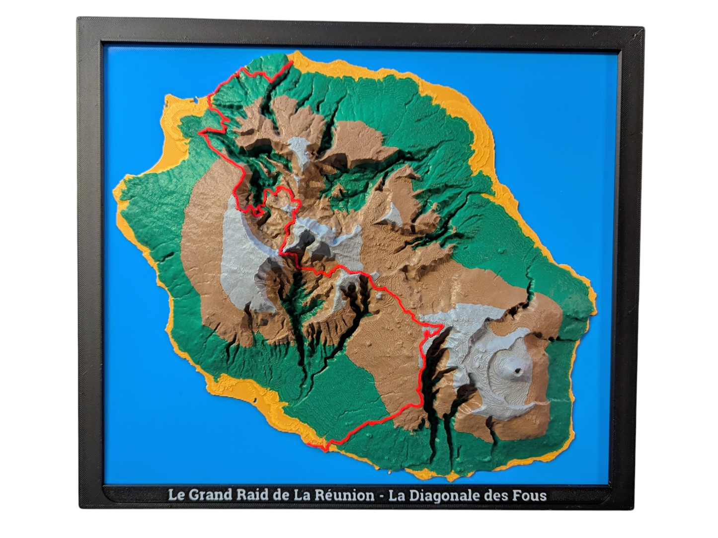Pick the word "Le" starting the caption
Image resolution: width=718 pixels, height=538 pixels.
pos(174,495)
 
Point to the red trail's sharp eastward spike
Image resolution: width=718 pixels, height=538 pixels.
pos(441,327)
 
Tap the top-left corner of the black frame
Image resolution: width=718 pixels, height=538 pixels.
pos(79,19)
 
